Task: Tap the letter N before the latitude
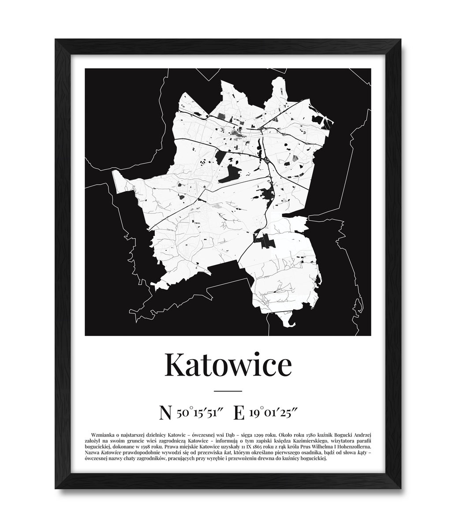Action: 165,413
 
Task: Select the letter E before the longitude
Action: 239,413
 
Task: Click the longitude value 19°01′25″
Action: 273,413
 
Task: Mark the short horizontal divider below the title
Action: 228,391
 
